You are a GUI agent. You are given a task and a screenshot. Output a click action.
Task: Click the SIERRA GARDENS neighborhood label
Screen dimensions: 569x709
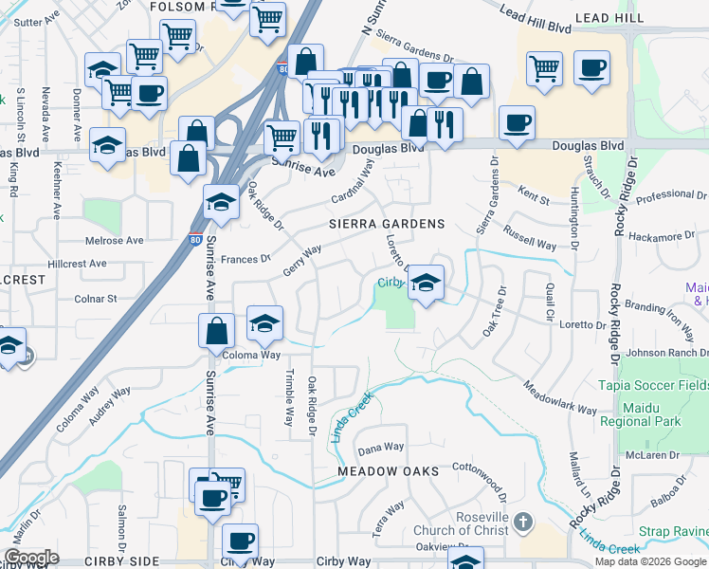(x=387, y=224)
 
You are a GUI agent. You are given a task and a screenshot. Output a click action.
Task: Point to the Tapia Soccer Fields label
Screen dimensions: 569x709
(x=653, y=385)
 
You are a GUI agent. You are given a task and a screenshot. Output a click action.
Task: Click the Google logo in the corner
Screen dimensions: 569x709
(x=31, y=558)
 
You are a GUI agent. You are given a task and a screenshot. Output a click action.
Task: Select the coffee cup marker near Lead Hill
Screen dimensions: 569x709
(x=591, y=68)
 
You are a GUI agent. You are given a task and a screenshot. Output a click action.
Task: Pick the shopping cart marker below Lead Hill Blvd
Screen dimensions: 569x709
(x=544, y=68)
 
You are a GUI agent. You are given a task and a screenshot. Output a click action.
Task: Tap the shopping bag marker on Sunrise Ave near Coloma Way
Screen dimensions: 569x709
(x=217, y=331)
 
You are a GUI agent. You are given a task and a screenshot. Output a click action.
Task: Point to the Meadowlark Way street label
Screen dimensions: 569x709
(x=561, y=397)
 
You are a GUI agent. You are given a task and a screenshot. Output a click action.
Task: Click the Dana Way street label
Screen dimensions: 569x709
(x=381, y=447)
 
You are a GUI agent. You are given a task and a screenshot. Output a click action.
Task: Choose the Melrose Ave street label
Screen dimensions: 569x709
(x=115, y=241)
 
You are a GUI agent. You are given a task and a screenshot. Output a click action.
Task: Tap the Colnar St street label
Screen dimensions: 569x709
(x=95, y=298)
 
